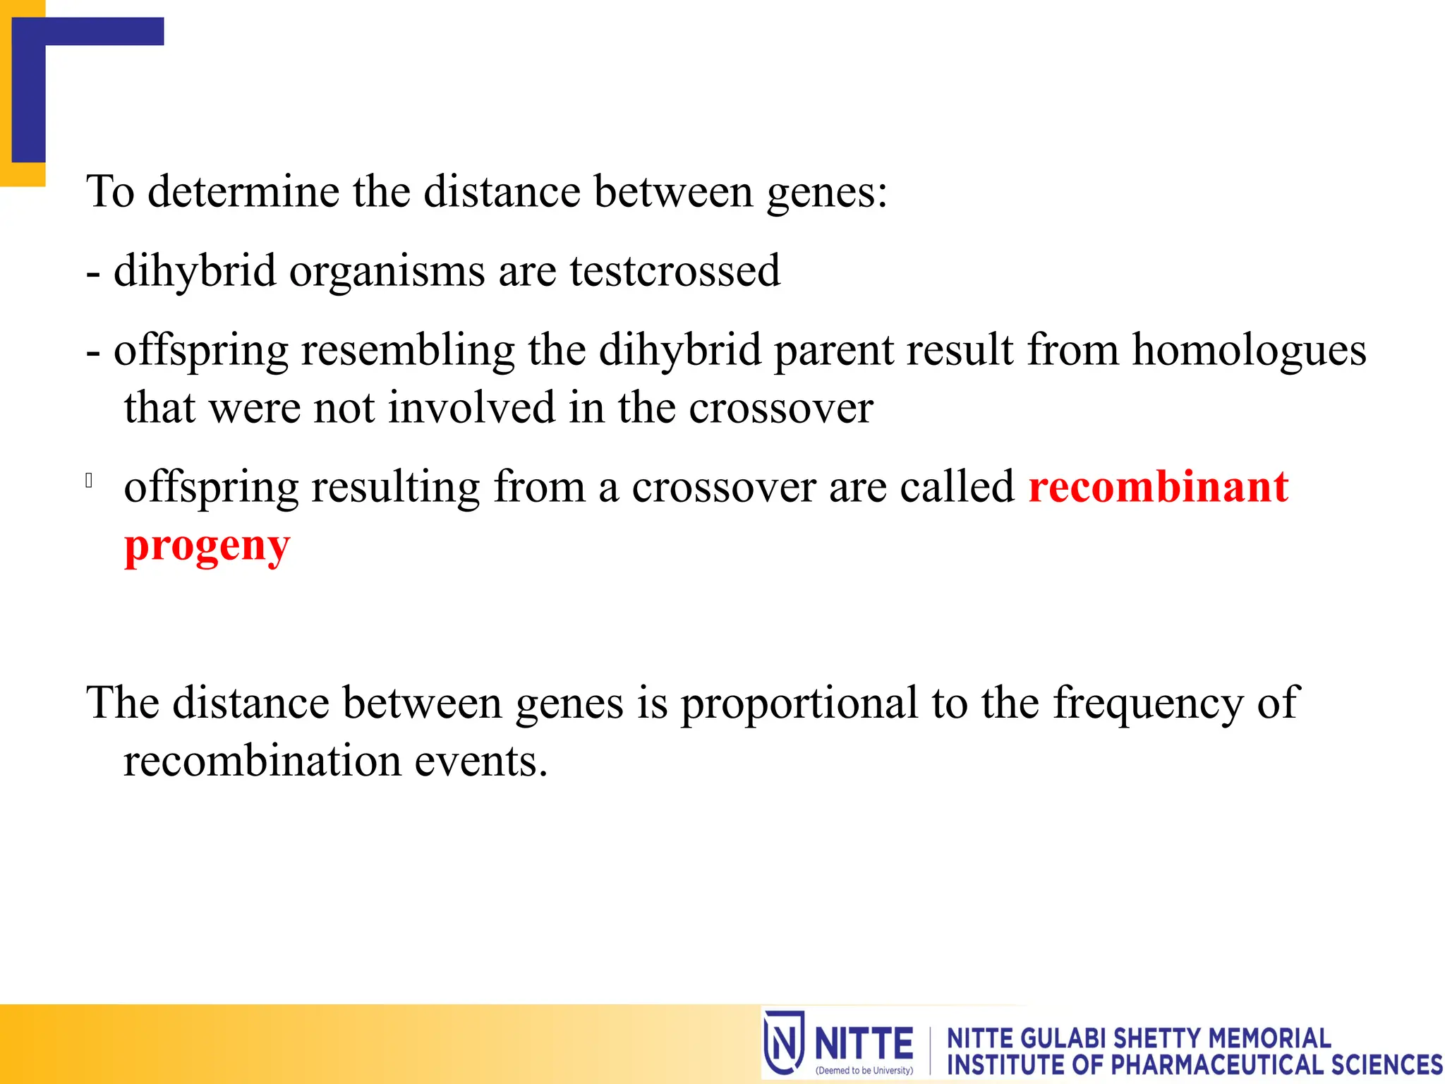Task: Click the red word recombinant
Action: pos(1158,487)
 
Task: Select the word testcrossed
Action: pos(675,271)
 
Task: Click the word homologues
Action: pos(1249,351)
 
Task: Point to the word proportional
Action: pos(799,704)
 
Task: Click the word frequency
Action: pos(1148,704)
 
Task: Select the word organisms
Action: pos(387,271)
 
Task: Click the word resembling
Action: pos(408,351)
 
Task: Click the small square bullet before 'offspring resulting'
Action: pos(89,481)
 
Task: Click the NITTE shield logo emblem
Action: pos(783,1042)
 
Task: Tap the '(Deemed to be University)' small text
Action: pos(864,1071)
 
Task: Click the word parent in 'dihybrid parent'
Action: pos(833,351)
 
